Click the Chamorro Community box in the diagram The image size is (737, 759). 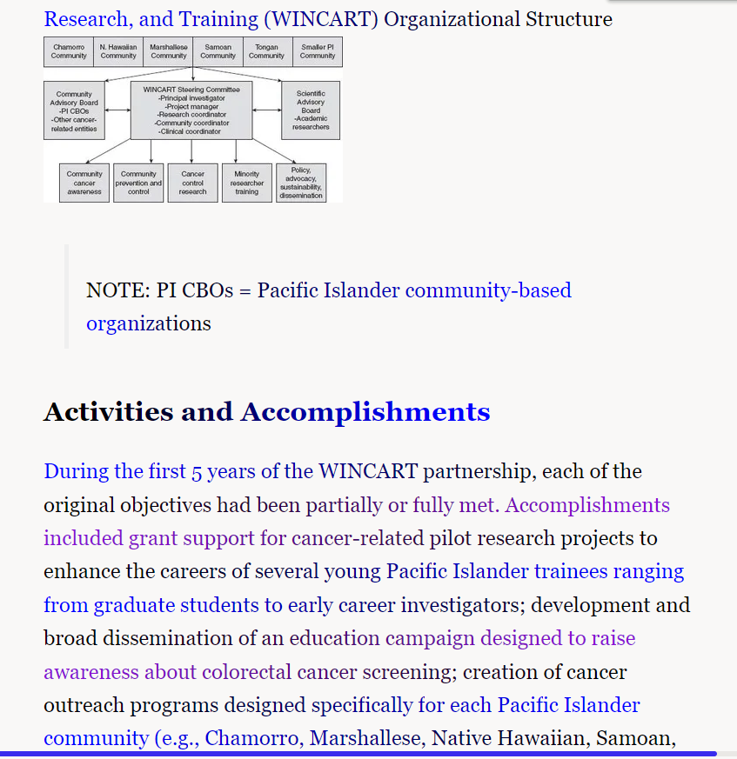[x=69, y=52]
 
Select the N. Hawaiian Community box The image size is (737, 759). [x=118, y=52]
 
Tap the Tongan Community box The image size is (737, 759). [x=267, y=52]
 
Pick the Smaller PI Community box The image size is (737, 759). [x=318, y=52]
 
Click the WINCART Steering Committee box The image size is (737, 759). [x=191, y=110]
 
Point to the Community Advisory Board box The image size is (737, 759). [x=74, y=111]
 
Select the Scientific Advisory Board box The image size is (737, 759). [x=311, y=110]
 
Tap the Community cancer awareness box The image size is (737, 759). [x=84, y=183]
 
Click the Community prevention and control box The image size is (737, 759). [x=138, y=183]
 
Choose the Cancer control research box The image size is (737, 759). [x=193, y=183]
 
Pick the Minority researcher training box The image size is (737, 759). [x=247, y=183]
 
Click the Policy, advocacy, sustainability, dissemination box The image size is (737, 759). [x=301, y=183]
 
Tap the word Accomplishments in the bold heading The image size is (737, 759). [x=365, y=411]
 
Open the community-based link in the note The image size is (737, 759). [x=488, y=290]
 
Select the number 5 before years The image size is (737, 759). [x=197, y=472]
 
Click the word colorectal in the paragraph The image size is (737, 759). [x=246, y=672]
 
